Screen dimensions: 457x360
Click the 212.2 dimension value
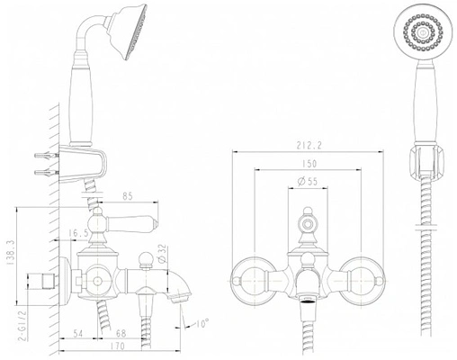point(309,146)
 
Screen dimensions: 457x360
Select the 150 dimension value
point(309,164)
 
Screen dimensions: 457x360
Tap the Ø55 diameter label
point(308,182)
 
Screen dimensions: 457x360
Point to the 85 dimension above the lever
point(128,196)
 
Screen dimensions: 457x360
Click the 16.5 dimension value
point(79,233)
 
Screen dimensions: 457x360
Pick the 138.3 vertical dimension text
point(10,251)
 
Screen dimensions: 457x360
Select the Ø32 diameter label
point(161,253)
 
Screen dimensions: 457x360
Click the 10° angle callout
point(202,324)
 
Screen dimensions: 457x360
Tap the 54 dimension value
point(77,333)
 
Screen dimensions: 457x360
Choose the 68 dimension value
point(121,333)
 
